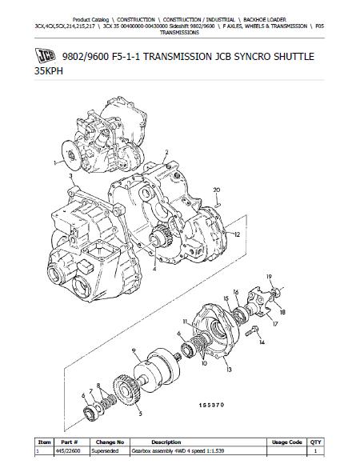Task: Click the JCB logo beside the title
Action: [x=45, y=56]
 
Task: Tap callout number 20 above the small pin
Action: [x=217, y=190]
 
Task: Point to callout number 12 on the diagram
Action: [x=237, y=234]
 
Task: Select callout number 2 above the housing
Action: [x=166, y=153]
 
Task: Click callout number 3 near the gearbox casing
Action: [x=70, y=176]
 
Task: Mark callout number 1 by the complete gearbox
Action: [x=55, y=163]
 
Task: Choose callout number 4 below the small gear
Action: [x=154, y=269]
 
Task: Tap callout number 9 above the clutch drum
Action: [x=134, y=350]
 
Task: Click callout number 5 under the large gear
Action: [x=140, y=414]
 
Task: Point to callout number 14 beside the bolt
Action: [x=262, y=342]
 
